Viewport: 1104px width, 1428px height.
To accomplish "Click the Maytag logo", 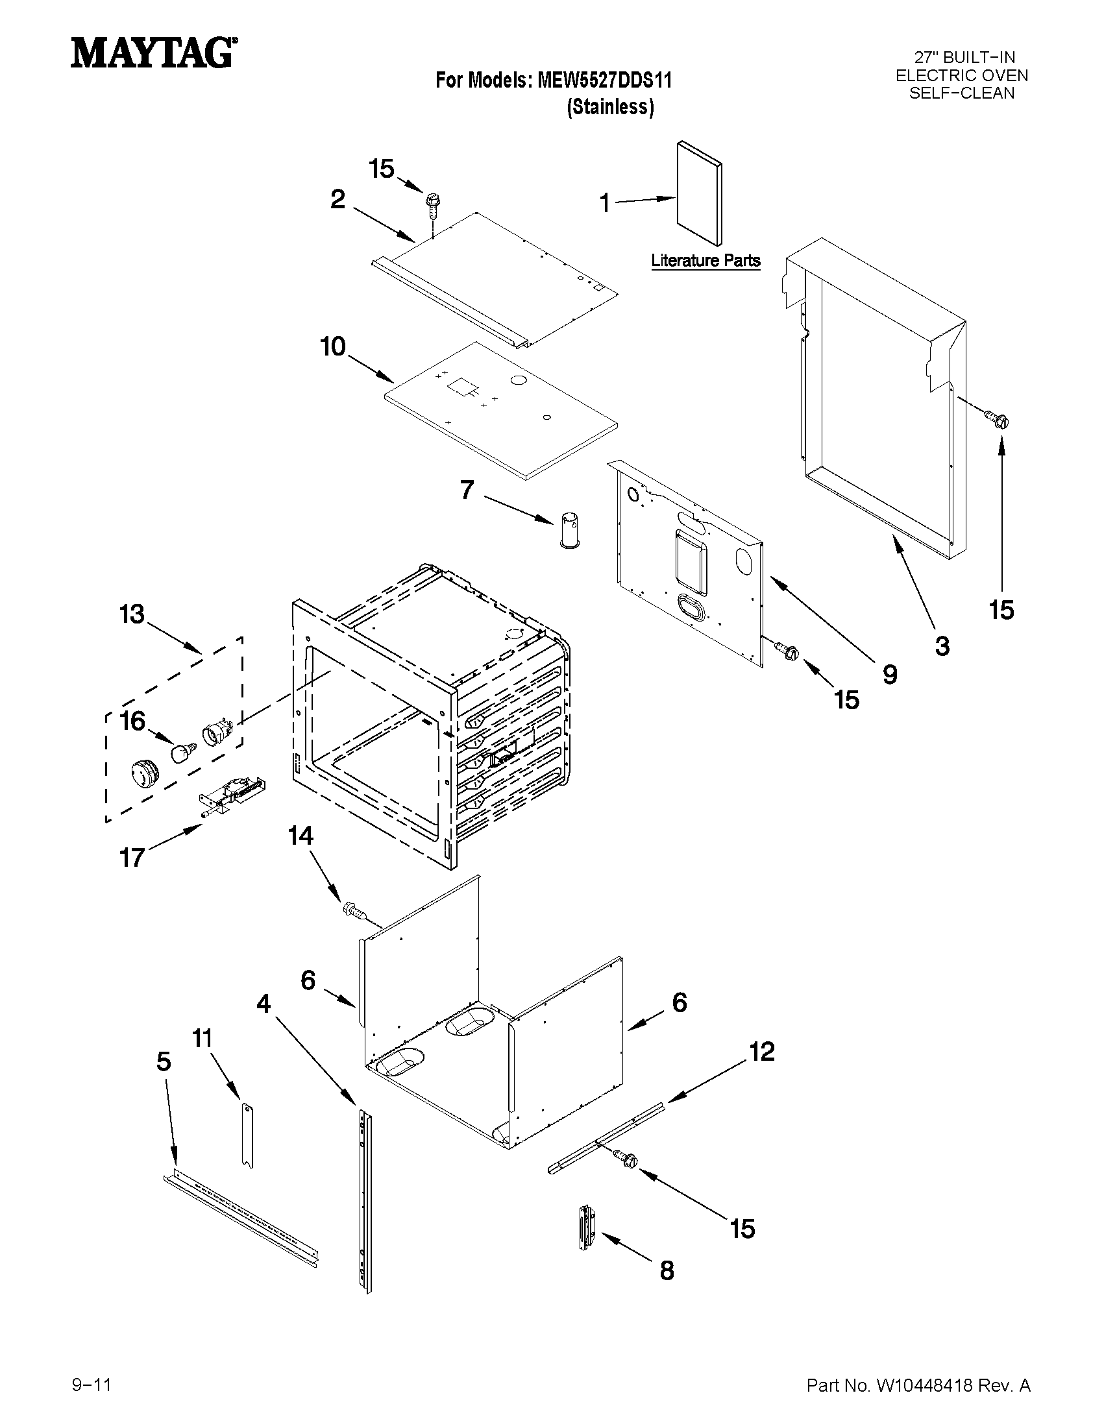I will click(153, 53).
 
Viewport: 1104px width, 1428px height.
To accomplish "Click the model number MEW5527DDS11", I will click(604, 80).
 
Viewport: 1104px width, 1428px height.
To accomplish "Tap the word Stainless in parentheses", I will click(609, 106).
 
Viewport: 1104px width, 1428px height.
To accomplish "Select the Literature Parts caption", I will click(705, 261).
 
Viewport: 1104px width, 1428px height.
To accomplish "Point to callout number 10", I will click(333, 346).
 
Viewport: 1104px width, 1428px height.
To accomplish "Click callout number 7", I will click(466, 490).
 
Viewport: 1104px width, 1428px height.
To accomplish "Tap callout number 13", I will click(132, 614).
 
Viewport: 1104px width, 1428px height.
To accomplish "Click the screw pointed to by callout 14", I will click(352, 910).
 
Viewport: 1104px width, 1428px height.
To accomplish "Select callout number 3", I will click(942, 646).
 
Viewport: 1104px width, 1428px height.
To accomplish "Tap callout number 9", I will click(890, 674).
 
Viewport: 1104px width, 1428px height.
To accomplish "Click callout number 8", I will click(667, 1270).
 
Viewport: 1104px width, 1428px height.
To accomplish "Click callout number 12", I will click(762, 1052).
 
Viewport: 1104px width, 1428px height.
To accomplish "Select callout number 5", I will click(164, 1061).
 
